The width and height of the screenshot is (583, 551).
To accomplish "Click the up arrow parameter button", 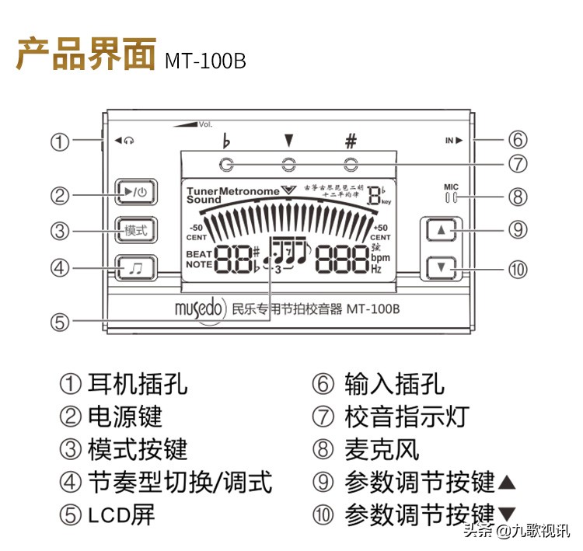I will pyautogui.click(x=442, y=231).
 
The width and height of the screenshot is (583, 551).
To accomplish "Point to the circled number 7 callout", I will pyautogui.click(x=518, y=164).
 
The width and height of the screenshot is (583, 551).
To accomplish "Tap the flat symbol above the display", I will pyautogui.click(x=226, y=141).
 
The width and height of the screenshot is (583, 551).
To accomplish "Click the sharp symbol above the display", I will pyautogui.click(x=351, y=141).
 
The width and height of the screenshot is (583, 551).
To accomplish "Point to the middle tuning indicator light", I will pyautogui.click(x=288, y=164).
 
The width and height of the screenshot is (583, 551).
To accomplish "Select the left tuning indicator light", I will pyautogui.click(x=226, y=164).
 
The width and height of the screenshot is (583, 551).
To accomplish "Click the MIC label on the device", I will pyautogui.click(x=452, y=187).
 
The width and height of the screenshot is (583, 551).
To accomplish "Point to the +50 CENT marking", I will pyautogui.click(x=380, y=232).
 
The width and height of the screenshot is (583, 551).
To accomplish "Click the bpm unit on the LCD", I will pyautogui.click(x=380, y=258).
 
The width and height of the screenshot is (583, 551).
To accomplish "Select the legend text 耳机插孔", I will pyautogui.click(x=137, y=383).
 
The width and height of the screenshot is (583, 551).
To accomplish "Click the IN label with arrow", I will pyautogui.click(x=453, y=141).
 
